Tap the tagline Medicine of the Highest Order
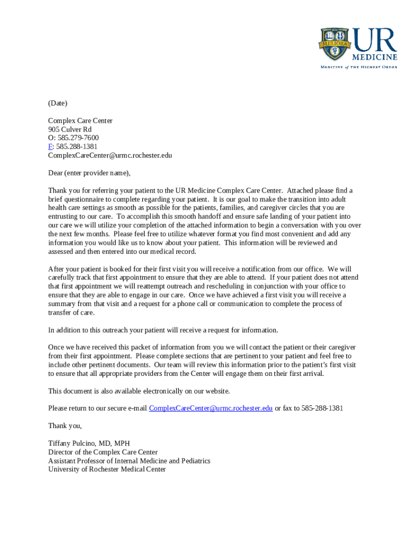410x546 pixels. tap(358, 67)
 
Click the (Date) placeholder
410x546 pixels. tap(58, 103)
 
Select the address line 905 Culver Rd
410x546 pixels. tap(70, 129)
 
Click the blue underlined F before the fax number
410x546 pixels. tap(50, 146)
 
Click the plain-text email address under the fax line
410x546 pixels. tap(110, 155)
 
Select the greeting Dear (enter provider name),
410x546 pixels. tap(89, 173)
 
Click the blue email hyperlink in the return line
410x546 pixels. tap(211, 408)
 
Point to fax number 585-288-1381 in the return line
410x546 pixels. tap(322, 408)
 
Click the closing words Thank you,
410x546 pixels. tap(65, 425)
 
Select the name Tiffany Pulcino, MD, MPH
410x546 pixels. tap(89, 443)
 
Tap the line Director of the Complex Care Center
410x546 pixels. tap(103, 452)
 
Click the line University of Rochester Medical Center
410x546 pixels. tap(106, 469)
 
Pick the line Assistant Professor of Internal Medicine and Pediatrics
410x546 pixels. tap(129, 461)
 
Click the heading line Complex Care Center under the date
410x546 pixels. tap(80, 121)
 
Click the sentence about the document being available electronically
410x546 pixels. tap(139, 391)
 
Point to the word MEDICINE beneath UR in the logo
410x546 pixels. tap(374, 57)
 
